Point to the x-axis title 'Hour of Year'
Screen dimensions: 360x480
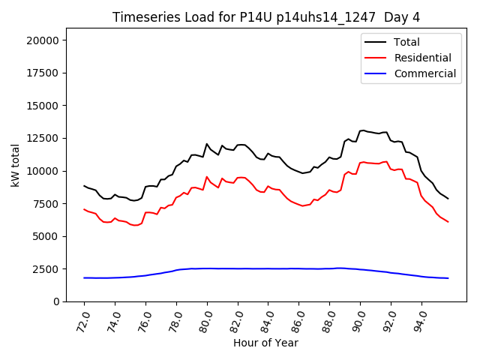(265, 343)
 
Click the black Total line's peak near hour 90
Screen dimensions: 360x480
(363, 130)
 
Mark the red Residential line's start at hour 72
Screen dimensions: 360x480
(84, 209)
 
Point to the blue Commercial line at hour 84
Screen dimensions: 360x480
(268, 268)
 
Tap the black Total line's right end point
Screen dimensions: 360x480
(448, 199)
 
